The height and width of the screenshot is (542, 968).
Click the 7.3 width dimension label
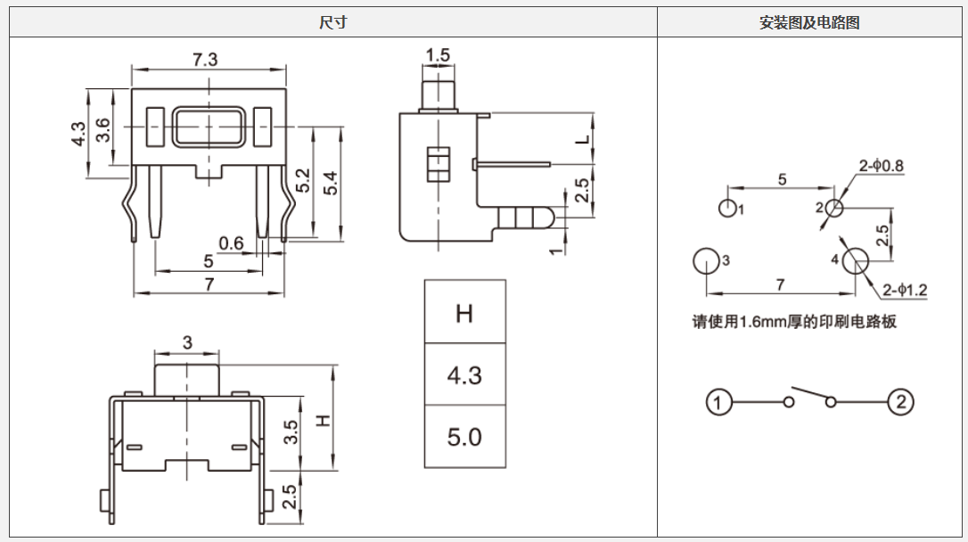click(x=206, y=59)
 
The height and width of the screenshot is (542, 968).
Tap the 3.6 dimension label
click(x=103, y=130)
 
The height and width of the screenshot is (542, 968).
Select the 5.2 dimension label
click(x=304, y=181)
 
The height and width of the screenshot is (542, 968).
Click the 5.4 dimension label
click(x=331, y=183)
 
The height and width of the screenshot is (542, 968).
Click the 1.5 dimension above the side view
click(x=438, y=56)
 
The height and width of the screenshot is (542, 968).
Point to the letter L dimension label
click(x=582, y=140)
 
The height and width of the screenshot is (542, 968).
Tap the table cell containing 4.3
click(x=464, y=375)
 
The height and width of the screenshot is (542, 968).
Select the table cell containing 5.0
click(x=464, y=437)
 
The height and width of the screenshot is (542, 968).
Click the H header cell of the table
click(x=464, y=314)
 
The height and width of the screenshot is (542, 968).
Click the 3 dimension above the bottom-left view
click(x=187, y=342)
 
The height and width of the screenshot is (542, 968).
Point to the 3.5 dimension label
click(x=291, y=434)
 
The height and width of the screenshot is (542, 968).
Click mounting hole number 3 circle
click(x=705, y=261)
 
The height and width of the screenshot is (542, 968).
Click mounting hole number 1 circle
click(x=728, y=209)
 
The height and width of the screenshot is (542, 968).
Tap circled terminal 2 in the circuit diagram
click(x=900, y=403)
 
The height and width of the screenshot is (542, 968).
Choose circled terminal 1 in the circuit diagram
click(x=719, y=403)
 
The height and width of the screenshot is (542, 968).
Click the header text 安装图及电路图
click(x=809, y=23)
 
